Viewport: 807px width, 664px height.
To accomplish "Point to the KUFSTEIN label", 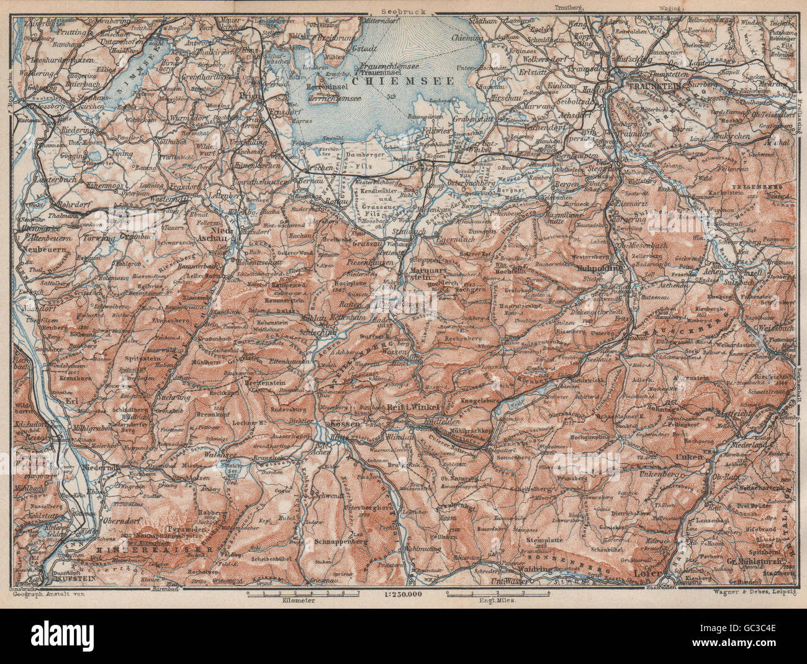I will pos(78,578).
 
